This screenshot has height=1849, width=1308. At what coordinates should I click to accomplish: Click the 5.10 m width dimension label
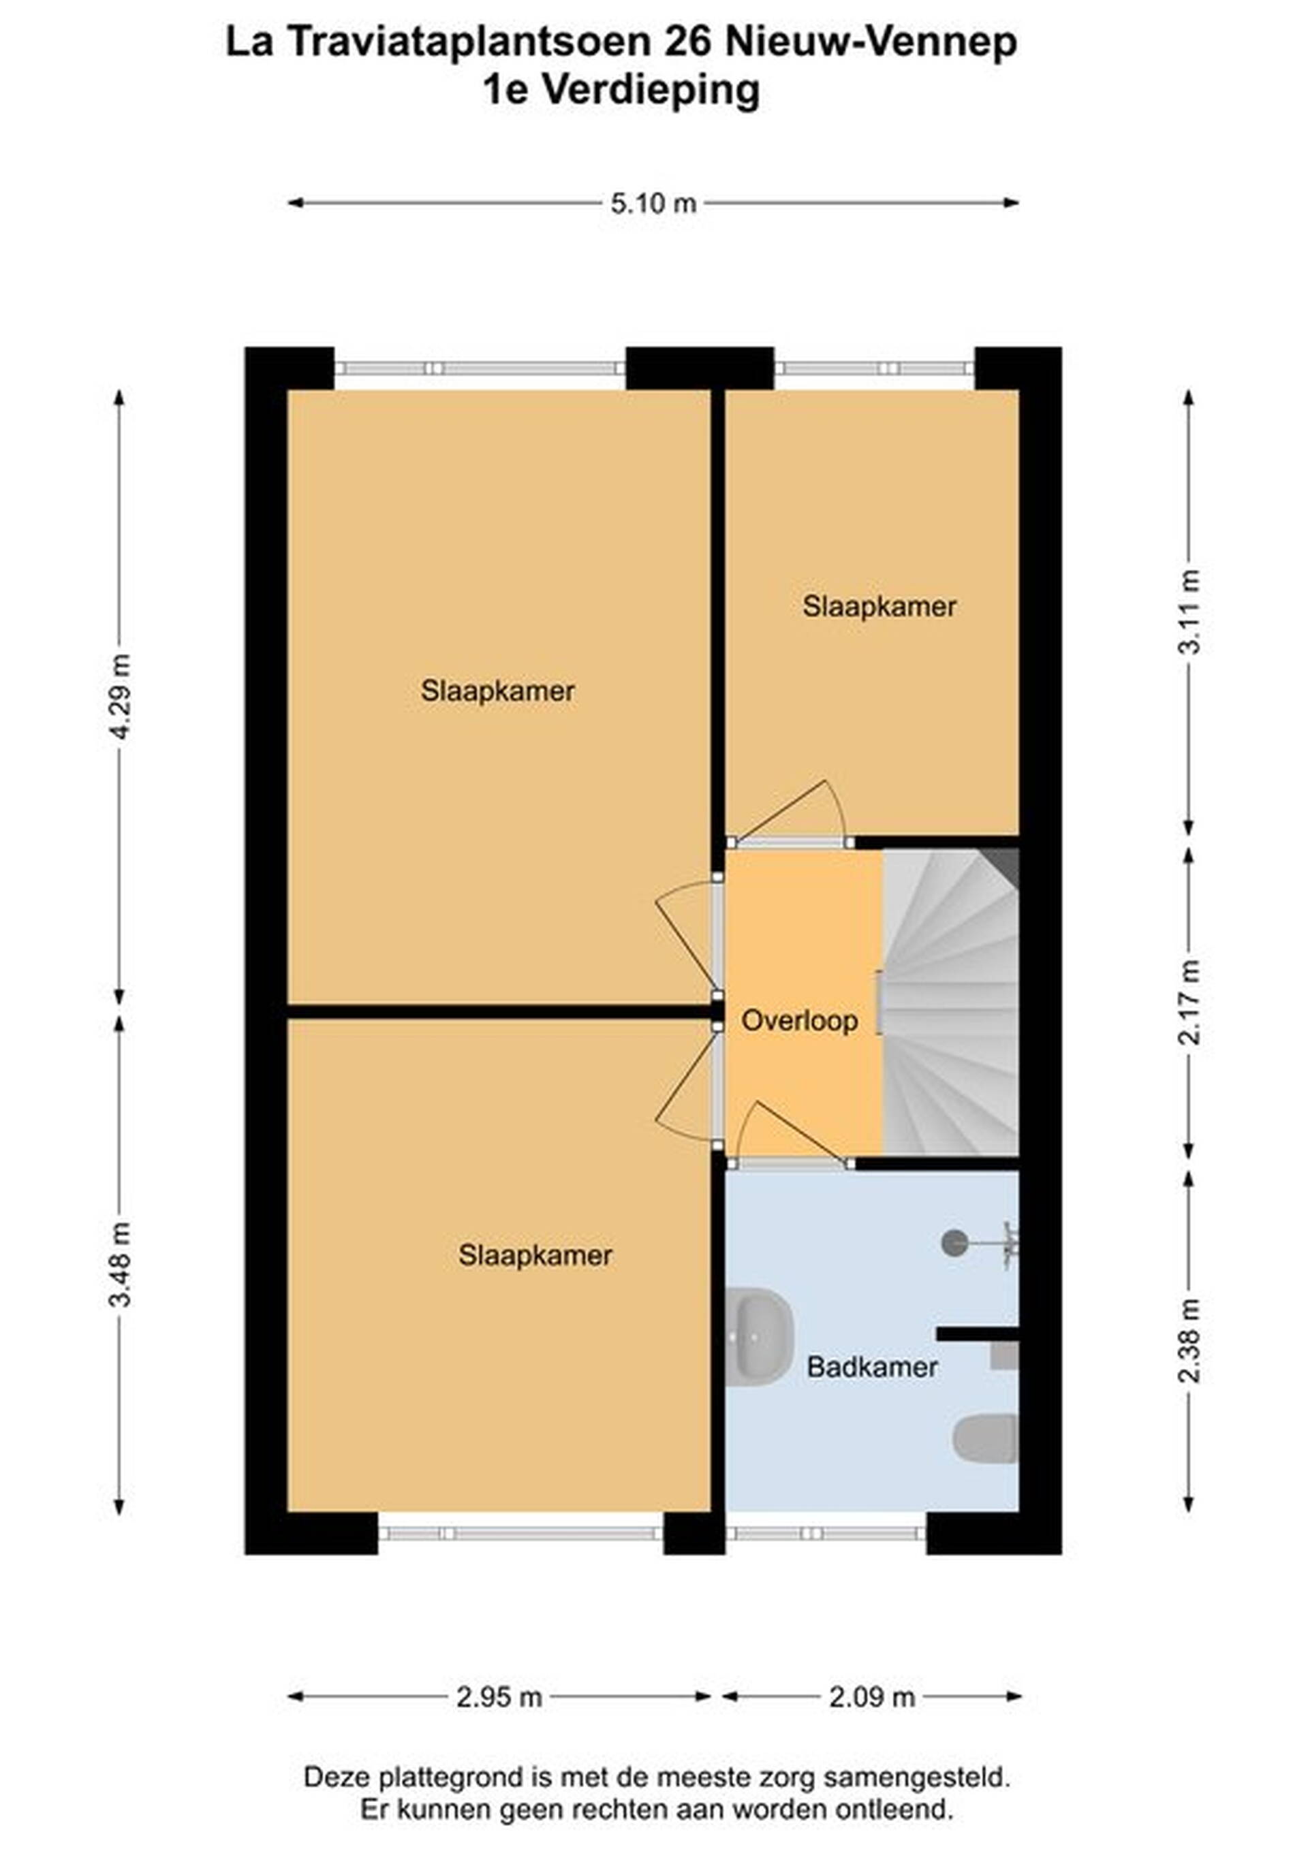click(653, 204)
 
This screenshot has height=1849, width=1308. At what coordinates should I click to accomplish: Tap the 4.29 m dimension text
click(120, 697)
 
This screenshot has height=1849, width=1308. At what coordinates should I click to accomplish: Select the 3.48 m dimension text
click(120, 1265)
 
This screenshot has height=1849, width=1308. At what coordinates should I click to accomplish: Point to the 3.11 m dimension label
click(1189, 612)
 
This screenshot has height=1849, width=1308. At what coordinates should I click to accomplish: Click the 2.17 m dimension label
click(1189, 1002)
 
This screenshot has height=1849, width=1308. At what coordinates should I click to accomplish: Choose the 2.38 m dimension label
click(1189, 1341)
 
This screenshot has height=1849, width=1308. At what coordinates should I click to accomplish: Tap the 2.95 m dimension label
click(499, 1698)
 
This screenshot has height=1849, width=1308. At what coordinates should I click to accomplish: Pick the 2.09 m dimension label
click(872, 1698)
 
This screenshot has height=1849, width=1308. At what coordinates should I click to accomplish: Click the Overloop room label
click(799, 1021)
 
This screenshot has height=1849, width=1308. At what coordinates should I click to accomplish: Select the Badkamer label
click(872, 1367)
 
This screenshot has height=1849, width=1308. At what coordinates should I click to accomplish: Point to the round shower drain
click(954, 1243)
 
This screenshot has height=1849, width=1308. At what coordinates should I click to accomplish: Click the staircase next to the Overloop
click(951, 1002)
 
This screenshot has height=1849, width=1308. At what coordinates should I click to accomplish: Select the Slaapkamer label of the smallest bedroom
click(879, 606)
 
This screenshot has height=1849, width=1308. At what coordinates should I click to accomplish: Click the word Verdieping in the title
click(650, 90)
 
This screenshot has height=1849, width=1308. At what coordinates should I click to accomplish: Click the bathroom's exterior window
click(826, 1532)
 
